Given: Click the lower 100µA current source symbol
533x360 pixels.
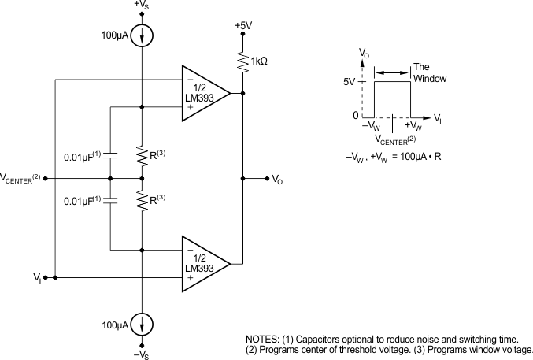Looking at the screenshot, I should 142,325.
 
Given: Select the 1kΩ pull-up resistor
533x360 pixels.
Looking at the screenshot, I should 243,61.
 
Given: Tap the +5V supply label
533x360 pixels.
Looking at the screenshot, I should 244,25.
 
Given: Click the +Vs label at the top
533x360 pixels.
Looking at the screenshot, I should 142,7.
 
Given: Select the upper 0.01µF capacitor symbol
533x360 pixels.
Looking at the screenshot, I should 111,158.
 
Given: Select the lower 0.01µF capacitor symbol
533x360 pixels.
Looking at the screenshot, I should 111,201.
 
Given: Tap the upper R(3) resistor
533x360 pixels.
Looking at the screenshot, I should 142,157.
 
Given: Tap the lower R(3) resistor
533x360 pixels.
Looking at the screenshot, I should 142,202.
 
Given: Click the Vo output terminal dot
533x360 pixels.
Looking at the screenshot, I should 265,178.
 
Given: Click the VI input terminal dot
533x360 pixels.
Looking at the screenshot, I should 46,277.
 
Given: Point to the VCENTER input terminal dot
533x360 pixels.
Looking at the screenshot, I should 46,178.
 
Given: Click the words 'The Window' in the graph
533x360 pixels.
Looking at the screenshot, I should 429,73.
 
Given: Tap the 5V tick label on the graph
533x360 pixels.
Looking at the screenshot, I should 351,81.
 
